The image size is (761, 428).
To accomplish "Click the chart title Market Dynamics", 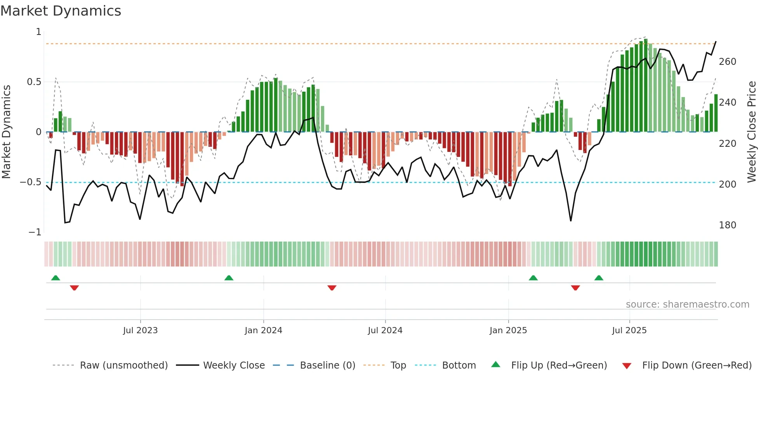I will [61, 11].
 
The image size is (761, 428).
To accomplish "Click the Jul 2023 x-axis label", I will [140, 331].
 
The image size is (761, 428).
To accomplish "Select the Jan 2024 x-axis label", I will [263, 331].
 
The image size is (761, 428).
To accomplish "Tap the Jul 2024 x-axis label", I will [385, 331].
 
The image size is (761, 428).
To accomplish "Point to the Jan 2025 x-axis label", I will [508, 331].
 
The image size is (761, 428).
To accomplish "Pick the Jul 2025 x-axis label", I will [629, 331].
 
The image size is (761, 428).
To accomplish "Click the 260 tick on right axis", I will [727, 62].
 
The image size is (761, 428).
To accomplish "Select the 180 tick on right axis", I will [727, 225].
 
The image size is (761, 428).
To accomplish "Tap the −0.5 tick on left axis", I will [31, 182].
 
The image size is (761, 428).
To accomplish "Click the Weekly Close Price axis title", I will [752, 132].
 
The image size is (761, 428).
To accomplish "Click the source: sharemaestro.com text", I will [687, 304].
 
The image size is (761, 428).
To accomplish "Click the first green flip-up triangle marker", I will [56, 278].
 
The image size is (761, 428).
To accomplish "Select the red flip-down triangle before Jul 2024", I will [332, 288].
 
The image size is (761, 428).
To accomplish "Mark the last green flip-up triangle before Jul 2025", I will [599, 278].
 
